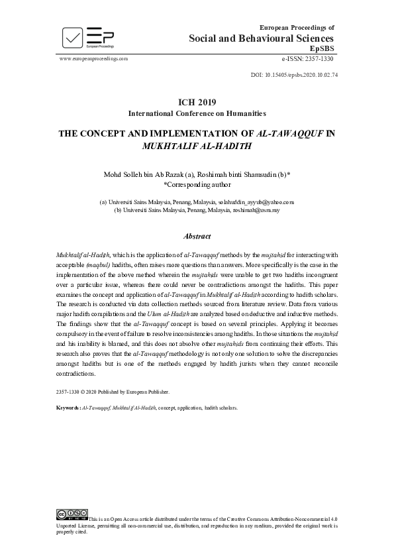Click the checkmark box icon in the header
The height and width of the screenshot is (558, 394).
(x=73, y=36)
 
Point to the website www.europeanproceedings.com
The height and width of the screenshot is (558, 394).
(x=93, y=58)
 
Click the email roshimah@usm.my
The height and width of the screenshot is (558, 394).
(x=256, y=209)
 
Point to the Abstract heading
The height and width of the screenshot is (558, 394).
(x=197, y=236)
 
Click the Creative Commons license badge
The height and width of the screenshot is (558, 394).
(x=72, y=514)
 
